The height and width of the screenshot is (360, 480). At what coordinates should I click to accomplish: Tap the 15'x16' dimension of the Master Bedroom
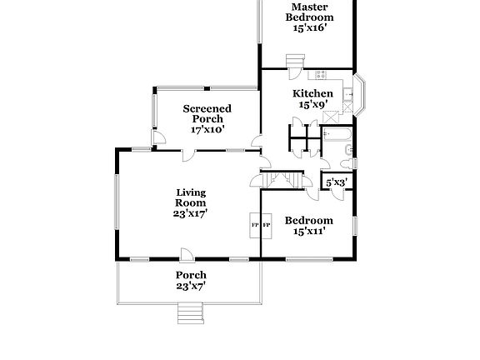click(x=309, y=27)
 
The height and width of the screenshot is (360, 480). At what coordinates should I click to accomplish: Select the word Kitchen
click(x=312, y=93)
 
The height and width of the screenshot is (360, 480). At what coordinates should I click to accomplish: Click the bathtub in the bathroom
click(x=338, y=133)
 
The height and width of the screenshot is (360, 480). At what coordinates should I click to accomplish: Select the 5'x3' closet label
click(x=337, y=182)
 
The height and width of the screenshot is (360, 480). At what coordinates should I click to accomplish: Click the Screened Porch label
click(x=207, y=113)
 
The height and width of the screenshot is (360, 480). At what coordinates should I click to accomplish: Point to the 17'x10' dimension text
click(x=207, y=130)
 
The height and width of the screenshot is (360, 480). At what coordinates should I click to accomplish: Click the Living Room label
click(x=190, y=197)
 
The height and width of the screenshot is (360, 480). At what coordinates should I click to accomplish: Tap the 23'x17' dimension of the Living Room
click(x=190, y=213)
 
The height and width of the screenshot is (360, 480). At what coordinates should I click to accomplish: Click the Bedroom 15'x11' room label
click(x=308, y=226)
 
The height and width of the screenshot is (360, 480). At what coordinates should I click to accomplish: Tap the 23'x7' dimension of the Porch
click(x=190, y=286)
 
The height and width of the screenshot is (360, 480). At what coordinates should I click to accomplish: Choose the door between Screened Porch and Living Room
click(x=188, y=154)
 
